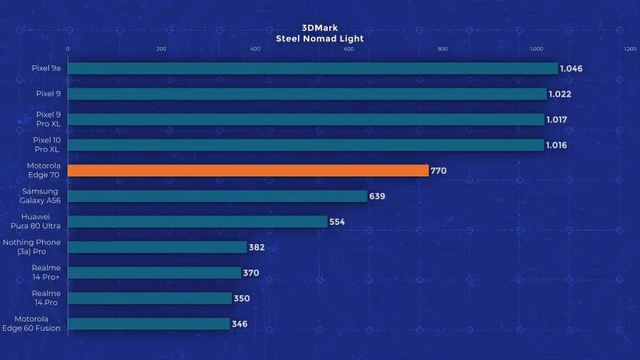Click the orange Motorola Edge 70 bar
point(248,171)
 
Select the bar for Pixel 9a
point(313,68)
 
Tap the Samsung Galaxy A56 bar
point(218,196)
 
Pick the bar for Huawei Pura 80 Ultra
point(198,221)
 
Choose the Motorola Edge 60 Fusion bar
point(149,324)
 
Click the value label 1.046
point(571,69)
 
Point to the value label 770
point(439,171)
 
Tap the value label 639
point(377,196)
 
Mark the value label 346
point(240,324)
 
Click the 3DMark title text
point(319,28)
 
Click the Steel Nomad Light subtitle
point(319,38)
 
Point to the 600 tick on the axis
point(348,49)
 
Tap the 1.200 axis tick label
point(629,49)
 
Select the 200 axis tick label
point(161,49)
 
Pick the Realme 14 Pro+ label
point(46,272)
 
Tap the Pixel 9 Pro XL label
point(48,119)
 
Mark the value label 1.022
point(560,94)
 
